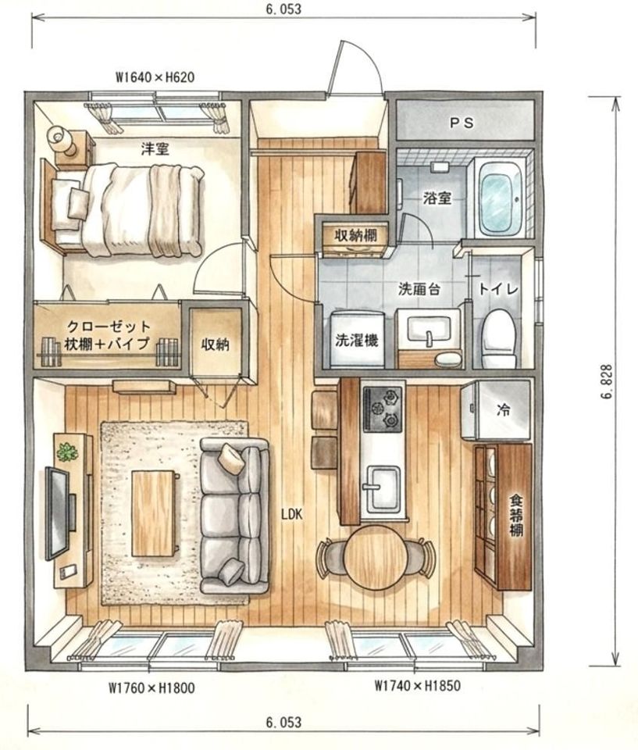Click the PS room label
tap(462, 123)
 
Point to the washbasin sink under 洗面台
tap(427, 330)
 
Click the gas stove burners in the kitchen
tap(382, 409)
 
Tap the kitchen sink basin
tap(383, 487)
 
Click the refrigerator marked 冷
tap(496, 410)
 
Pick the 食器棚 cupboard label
tap(515, 516)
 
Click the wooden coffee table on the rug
tap(153, 513)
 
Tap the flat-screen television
tap(57, 513)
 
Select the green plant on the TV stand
tap(67, 452)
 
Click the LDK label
tap(292, 515)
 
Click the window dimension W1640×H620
tap(155, 77)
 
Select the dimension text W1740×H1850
tap(417, 686)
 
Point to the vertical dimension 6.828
tap(608, 383)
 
